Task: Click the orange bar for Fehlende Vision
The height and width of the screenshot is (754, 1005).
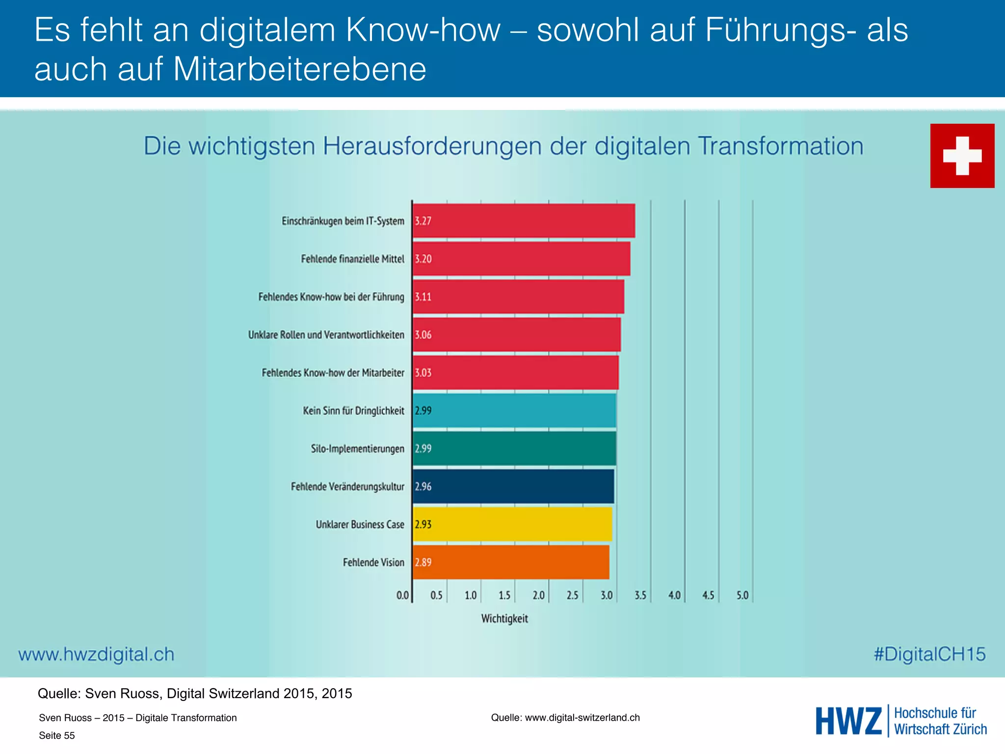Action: (510, 562)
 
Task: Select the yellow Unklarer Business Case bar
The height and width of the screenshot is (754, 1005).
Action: (512, 524)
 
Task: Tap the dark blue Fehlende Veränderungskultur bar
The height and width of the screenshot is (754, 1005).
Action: (513, 486)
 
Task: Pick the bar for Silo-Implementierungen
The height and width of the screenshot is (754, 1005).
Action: (514, 448)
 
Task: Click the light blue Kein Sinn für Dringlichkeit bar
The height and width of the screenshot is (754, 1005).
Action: (514, 410)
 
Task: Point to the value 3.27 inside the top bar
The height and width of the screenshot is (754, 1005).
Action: (423, 221)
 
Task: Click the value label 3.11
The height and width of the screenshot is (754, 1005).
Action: (423, 296)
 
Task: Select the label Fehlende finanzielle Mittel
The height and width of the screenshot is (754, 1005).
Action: (352, 259)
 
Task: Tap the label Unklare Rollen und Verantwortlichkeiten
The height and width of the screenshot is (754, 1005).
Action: (326, 335)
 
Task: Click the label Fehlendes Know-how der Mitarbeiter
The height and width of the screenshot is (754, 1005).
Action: (333, 373)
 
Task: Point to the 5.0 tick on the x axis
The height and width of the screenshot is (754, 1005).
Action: (742, 595)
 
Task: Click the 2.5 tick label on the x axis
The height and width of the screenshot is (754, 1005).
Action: (572, 595)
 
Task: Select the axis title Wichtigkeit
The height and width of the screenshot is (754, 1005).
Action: (504, 619)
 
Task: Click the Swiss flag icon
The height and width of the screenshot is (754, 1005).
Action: (962, 156)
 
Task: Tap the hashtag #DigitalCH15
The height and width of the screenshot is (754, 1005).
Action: (929, 654)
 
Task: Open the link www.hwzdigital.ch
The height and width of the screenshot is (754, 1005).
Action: (96, 654)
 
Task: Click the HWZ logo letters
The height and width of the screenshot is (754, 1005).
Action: (848, 721)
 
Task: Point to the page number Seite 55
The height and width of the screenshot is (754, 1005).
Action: (57, 735)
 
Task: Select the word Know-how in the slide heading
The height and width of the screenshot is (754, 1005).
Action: (423, 30)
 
